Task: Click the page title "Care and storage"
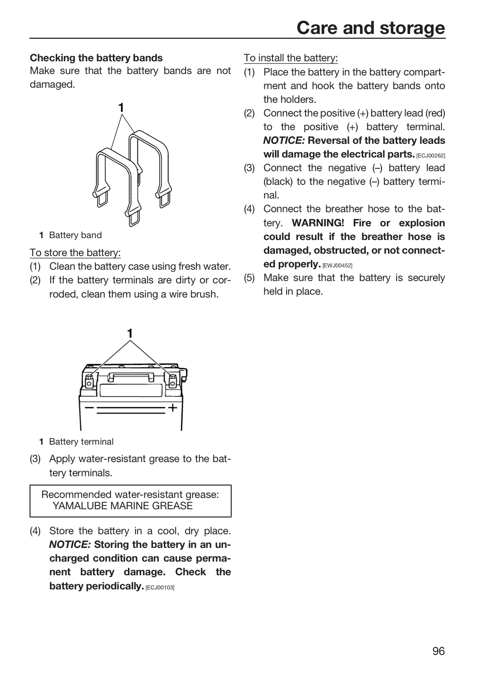[x=371, y=28]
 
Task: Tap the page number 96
[x=439, y=651]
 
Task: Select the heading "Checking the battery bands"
[x=96, y=58]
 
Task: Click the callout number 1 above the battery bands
[x=121, y=108]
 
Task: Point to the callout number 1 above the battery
[x=130, y=333]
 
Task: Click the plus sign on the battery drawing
[x=172, y=408]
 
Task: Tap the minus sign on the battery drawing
[x=89, y=407]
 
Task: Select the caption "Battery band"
[x=75, y=235]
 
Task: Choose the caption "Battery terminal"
[x=81, y=442]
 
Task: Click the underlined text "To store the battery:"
[x=75, y=253]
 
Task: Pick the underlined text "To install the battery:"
[x=290, y=58]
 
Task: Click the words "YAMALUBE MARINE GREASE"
[x=123, y=506]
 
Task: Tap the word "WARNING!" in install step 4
[x=318, y=223]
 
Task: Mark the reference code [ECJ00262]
[x=431, y=156]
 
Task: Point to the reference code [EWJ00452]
[x=337, y=265]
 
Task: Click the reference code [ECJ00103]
[x=160, y=588]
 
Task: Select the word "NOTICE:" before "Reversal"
[x=284, y=141]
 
